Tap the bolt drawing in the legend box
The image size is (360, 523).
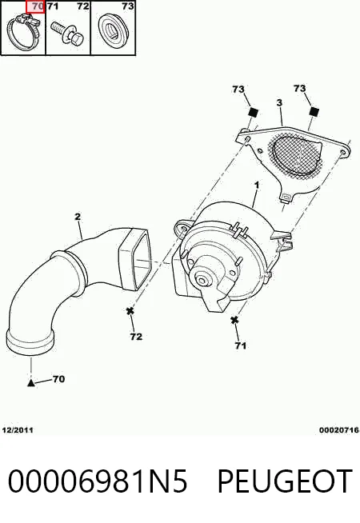(x=68, y=34)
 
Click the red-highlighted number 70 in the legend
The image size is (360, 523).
(x=35, y=6)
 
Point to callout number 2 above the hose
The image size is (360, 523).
(x=78, y=217)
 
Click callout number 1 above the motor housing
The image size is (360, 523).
(x=257, y=185)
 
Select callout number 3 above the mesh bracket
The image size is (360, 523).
(x=279, y=102)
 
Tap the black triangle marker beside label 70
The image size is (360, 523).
(x=30, y=383)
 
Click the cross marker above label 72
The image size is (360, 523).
(x=130, y=311)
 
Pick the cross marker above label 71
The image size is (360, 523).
(x=234, y=320)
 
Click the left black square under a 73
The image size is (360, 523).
(x=254, y=112)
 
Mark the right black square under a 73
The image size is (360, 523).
(x=314, y=111)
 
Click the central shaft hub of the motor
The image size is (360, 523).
(x=202, y=280)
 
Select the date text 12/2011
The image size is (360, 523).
(x=18, y=430)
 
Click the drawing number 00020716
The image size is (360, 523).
(x=338, y=430)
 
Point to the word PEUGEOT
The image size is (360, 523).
(x=285, y=481)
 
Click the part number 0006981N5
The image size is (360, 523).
(x=98, y=481)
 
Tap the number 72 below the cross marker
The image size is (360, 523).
(x=136, y=337)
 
